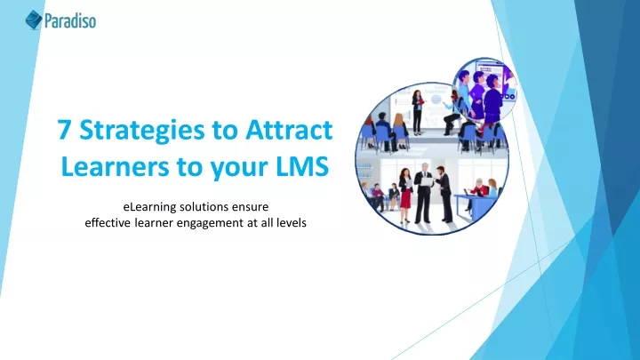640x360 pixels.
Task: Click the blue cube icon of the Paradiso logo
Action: tap(34, 20)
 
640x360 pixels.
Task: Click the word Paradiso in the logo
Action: tap(70, 20)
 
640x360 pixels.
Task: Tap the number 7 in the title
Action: tap(63, 130)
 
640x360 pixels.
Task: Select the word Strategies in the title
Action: tap(142, 131)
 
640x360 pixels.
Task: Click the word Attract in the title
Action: tap(289, 130)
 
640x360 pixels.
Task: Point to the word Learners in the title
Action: tap(115, 166)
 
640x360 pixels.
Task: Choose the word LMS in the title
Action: tap(302, 166)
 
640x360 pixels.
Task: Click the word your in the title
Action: tap(239, 168)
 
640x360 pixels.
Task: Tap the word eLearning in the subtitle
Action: tap(149, 207)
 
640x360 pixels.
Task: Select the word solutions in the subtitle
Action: tap(204, 207)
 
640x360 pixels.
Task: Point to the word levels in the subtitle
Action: tap(292, 223)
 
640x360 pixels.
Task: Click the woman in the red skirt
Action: tap(405, 195)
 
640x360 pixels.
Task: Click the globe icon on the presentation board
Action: tap(436, 100)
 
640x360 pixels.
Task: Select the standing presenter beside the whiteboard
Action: tap(417, 112)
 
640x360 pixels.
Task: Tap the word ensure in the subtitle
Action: tap(250, 207)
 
